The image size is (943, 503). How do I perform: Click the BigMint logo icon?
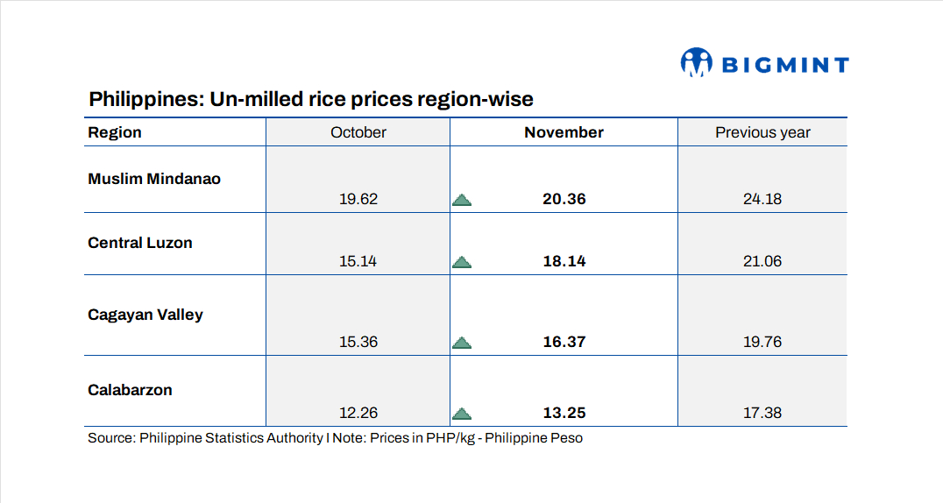pyautogui.click(x=696, y=63)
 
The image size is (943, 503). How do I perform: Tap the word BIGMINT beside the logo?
pyautogui.click(x=785, y=65)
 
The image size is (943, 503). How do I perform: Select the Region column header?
pyautogui.click(x=115, y=132)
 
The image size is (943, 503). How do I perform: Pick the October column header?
pyautogui.click(x=358, y=132)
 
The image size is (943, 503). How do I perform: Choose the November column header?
pyautogui.click(x=564, y=132)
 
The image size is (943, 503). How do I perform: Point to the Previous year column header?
pyautogui.click(x=762, y=132)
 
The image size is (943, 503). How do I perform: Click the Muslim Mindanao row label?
pyautogui.click(x=154, y=179)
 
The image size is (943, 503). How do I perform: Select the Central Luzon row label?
pyautogui.click(x=140, y=243)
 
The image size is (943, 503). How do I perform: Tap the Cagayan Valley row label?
pyautogui.click(x=145, y=315)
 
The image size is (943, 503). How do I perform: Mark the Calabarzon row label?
pyautogui.click(x=130, y=390)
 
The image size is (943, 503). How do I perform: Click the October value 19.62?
pyautogui.click(x=358, y=199)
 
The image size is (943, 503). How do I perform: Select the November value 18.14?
pyautogui.click(x=564, y=261)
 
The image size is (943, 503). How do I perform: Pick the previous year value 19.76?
pyautogui.click(x=762, y=342)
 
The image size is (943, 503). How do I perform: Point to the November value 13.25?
pyautogui.click(x=564, y=413)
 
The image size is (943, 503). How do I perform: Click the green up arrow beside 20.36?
pyautogui.click(x=462, y=200)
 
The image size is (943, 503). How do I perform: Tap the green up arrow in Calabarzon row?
pyautogui.click(x=462, y=414)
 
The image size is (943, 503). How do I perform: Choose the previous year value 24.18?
pyautogui.click(x=762, y=199)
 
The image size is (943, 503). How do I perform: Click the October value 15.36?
pyautogui.click(x=358, y=342)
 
